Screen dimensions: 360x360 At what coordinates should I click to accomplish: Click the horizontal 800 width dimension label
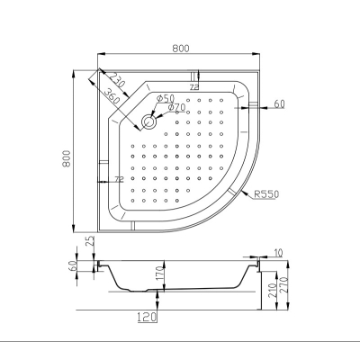181,49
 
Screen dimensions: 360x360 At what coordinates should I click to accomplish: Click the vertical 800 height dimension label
66,158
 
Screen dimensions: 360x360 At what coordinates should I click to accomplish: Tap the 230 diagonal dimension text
116,80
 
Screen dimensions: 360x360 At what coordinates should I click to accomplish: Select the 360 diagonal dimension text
112,96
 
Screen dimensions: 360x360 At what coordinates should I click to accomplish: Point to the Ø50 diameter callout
166,98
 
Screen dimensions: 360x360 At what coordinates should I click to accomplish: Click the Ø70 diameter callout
176,107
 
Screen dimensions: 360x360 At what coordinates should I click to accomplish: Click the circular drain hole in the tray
148,121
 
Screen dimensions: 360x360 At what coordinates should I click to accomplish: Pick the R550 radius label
266,194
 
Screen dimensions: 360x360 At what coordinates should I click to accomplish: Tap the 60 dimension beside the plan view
279,103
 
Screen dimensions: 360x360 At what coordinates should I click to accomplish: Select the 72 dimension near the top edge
194,87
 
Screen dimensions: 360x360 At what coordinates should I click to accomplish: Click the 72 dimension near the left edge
119,179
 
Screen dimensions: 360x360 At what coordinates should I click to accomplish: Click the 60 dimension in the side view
74,265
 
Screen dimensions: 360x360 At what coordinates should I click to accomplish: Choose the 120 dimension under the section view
147,317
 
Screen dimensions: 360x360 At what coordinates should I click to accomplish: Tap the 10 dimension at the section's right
278,253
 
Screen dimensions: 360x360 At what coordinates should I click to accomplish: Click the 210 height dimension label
273,290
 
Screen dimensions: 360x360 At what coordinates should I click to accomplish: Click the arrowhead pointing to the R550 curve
245,193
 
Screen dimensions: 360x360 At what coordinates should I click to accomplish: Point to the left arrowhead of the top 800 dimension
102,54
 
